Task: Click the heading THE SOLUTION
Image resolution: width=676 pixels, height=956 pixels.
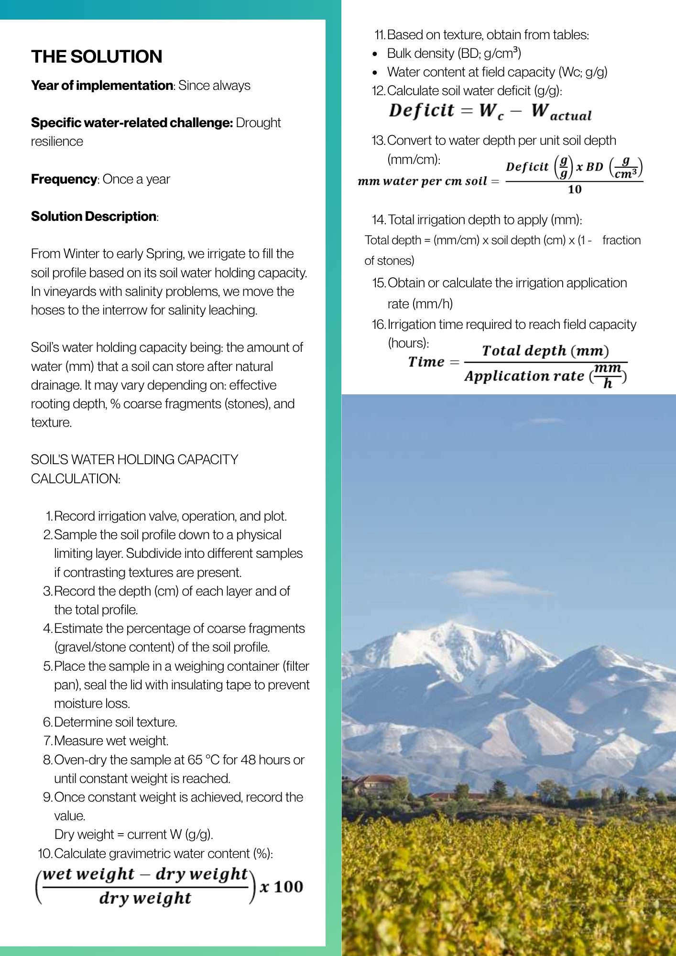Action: pos(97,56)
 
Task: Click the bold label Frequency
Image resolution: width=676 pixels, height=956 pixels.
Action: pos(64,179)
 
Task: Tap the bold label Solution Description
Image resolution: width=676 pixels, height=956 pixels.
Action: pos(94,217)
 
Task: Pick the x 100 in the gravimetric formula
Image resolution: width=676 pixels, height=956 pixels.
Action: pos(282,887)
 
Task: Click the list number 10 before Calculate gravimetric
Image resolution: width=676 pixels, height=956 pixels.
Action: pos(44,853)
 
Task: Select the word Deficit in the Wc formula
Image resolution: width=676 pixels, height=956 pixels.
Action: pos(421,110)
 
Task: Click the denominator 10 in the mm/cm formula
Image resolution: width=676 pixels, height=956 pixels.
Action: pos(575,189)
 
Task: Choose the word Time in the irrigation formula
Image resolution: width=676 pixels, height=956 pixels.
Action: pos(426,362)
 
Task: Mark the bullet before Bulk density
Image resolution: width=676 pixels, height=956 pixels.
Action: pos(375,54)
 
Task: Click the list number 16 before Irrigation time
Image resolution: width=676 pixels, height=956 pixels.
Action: pos(379,325)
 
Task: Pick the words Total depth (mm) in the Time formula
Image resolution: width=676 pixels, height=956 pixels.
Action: pos(545,351)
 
